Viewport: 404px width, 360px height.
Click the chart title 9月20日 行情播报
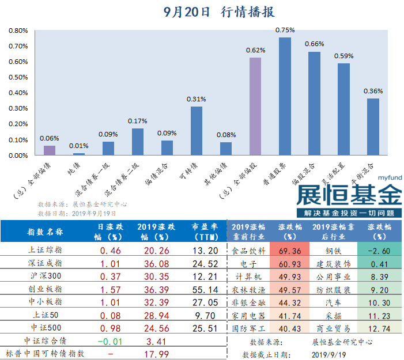click(218, 12)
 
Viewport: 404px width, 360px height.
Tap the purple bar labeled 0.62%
click(255, 106)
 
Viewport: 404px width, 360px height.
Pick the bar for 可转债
click(197, 131)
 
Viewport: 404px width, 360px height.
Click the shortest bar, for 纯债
click(79, 154)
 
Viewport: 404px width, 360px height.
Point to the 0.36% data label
click(373, 91)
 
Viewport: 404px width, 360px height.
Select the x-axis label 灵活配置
click(336, 173)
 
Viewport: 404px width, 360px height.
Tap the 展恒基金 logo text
click(348, 195)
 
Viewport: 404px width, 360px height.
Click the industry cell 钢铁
click(334, 251)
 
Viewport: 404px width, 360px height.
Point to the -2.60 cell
click(379, 251)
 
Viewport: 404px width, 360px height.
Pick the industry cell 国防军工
click(248, 329)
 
